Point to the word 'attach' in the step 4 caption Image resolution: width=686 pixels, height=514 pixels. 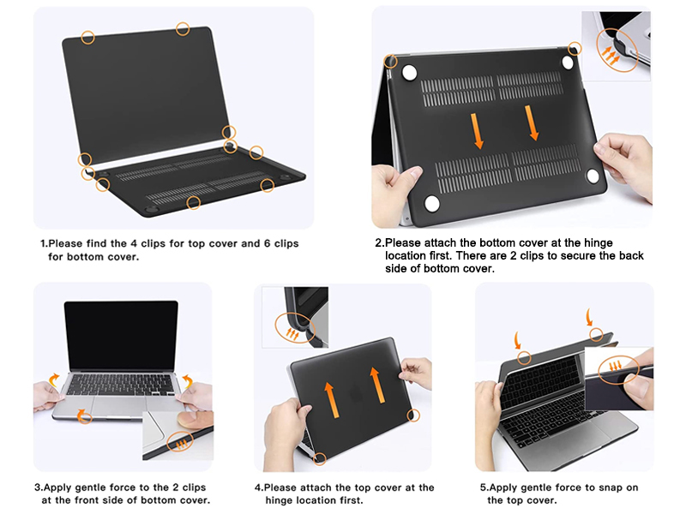coord(316,487)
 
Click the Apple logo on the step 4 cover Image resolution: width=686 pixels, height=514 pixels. coord(356,393)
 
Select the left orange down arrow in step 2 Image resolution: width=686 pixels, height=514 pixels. coord(477,131)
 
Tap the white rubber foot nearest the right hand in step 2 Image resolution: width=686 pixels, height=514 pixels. coord(593,176)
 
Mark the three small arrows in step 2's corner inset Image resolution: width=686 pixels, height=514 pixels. coord(611,55)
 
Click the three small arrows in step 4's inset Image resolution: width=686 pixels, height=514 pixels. coord(292,334)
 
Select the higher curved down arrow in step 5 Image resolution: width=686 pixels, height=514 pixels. coord(589,317)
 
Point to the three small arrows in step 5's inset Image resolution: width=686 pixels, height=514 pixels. coord(615,366)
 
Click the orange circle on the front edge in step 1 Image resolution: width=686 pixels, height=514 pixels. coord(194,203)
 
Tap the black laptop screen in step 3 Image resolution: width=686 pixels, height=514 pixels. coord(121,335)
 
